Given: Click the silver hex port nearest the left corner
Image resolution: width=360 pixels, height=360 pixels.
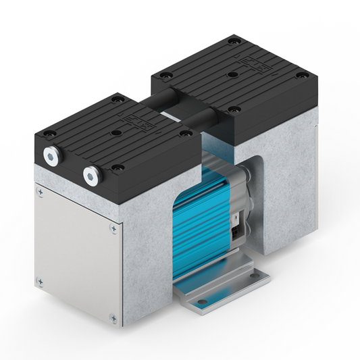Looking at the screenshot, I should click(51, 156).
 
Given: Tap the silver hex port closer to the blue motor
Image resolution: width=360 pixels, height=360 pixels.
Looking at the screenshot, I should click(91, 177).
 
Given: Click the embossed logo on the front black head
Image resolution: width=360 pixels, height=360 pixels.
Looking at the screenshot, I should click(150, 123).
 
